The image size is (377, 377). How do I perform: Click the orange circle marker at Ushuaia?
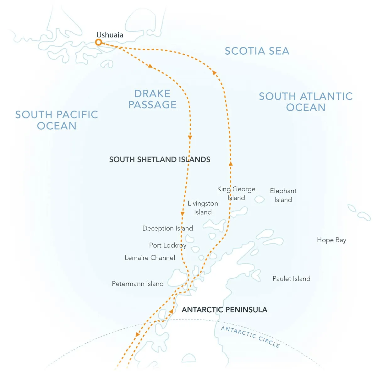[x=99, y=42]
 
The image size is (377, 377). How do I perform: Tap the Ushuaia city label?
[x=110, y=35]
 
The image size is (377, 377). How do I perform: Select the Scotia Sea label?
[x=257, y=51]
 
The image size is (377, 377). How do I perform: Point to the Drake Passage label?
[x=152, y=99]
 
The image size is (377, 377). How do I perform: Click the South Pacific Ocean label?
[x=57, y=120]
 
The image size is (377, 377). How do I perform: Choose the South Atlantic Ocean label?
[x=306, y=102]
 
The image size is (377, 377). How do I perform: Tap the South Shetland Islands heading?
[x=160, y=160]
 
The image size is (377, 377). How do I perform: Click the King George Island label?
[x=236, y=193]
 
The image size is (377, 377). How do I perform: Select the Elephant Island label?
[x=283, y=195]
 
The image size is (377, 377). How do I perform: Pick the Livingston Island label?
[x=203, y=208]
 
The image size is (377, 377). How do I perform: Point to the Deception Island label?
[x=167, y=228]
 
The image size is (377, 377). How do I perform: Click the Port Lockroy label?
[x=167, y=245]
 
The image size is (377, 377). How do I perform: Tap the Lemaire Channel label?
[x=150, y=258]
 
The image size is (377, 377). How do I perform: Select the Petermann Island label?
[x=138, y=284]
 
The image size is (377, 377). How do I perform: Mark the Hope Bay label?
[x=331, y=240]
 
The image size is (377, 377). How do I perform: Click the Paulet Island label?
[x=291, y=279]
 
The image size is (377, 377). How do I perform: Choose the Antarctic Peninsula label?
[x=224, y=310]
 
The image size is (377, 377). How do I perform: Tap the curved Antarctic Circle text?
[x=250, y=336]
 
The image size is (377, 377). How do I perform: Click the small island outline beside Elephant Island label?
[x=260, y=199]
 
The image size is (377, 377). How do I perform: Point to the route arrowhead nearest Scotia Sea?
[x=215, y=73]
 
